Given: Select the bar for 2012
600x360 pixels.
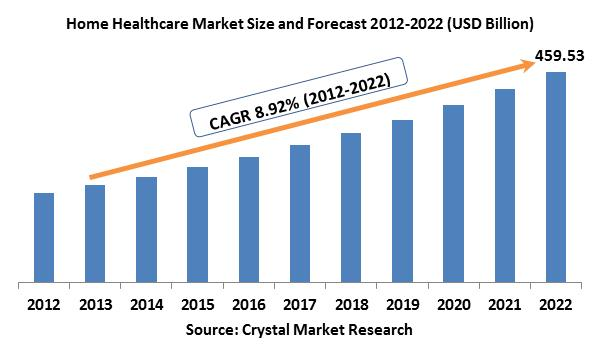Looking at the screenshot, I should [x=44, y=238].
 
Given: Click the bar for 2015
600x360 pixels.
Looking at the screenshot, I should [x=198, y=225].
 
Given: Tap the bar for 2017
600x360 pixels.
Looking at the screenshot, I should [x=300, y=214].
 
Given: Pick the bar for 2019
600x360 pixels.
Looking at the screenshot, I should [x=403, y=202].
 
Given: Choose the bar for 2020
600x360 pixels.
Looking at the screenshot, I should [x=454, y=194].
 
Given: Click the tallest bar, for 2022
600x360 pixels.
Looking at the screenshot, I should [x=556, y=178].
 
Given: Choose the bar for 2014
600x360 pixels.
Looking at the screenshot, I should [x=146, y=230].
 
